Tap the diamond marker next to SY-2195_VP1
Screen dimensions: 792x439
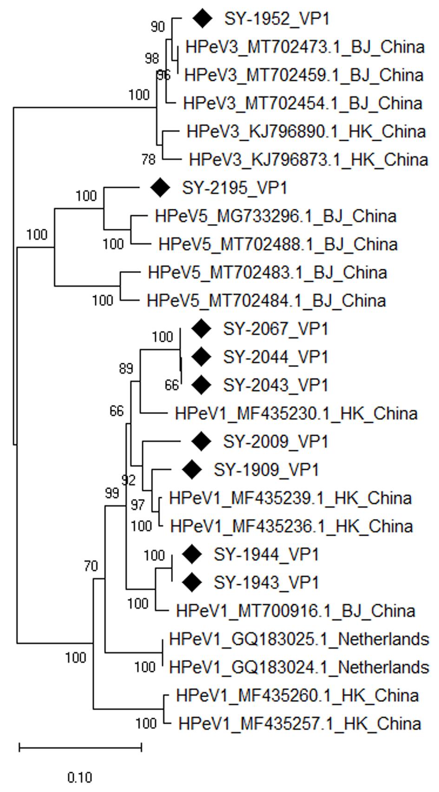161,187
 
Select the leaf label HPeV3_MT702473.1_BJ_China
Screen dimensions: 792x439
305,47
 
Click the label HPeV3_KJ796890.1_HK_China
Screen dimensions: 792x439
306,132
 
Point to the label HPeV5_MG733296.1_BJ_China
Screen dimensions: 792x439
275,216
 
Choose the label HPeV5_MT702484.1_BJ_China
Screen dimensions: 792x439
266,300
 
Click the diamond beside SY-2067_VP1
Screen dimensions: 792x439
201,329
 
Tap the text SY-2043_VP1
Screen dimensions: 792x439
275,385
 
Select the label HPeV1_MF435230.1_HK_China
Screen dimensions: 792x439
296,413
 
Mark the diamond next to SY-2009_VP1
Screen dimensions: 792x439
201,441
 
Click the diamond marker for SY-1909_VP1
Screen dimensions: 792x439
192,470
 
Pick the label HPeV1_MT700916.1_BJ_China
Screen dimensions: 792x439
295,611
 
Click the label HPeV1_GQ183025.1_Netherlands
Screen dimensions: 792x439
299,639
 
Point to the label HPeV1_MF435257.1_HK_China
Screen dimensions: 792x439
300,724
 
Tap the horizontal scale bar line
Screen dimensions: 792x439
80,747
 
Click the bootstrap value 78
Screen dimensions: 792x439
148,160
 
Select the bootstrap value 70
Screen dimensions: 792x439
91,566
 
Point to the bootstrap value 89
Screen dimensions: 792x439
126,369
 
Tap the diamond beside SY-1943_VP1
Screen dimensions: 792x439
192,582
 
